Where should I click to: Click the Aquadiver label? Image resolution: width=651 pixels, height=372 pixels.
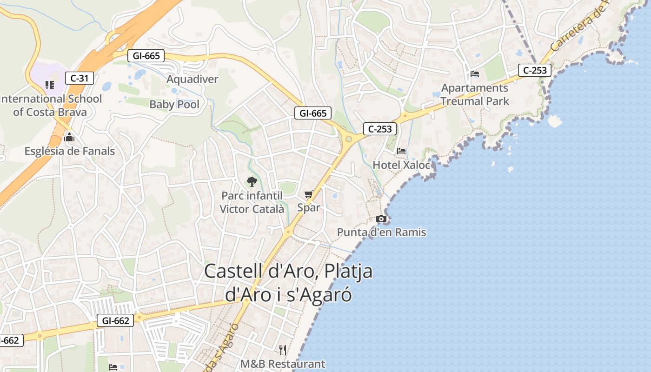click(192, 79)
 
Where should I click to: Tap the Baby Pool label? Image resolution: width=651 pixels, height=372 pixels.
click(174, 104)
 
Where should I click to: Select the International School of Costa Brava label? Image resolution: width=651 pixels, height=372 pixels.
click(51, 105)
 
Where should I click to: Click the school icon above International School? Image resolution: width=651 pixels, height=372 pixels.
click(49, 85)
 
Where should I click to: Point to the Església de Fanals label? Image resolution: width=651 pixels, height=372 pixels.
click(69, 151)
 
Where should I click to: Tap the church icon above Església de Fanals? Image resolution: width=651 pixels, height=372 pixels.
click(69, 137)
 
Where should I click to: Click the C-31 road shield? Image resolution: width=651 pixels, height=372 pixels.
click(80, 78)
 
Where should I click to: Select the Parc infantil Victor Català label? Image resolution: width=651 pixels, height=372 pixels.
click(252, 202)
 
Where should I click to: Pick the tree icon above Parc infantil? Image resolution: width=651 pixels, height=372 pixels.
click(252, 181)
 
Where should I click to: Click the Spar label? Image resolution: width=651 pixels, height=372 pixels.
click(308, 207)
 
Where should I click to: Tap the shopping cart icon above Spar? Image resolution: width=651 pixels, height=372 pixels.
click(308, 194)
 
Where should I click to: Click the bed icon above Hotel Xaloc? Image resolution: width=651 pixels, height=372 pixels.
click(401, 151)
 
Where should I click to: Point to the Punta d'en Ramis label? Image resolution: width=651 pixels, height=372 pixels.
click(381, 232)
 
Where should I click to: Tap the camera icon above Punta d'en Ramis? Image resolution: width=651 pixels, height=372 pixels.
click(381, 219)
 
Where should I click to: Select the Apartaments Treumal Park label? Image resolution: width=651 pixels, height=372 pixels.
click(475, 94)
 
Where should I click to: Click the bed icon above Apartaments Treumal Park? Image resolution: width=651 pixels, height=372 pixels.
click(475, 74)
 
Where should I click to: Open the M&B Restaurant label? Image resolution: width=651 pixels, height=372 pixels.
click(283, 364)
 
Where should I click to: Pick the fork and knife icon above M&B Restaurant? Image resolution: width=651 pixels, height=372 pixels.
click(283, 350)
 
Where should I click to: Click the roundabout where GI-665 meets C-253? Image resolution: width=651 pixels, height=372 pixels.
click(348, 139)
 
